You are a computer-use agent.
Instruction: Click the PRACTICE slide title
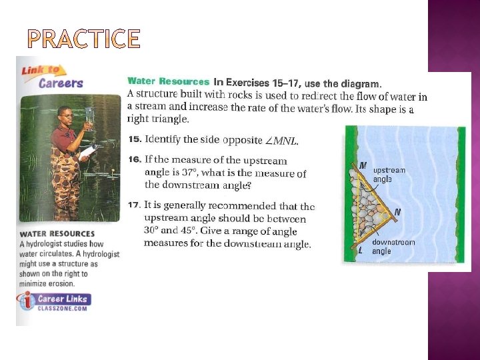click(84, 39)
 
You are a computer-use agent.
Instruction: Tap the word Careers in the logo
click(61, 83)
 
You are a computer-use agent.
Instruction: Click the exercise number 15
click(135, 139)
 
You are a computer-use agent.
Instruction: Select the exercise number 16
click(135, 159)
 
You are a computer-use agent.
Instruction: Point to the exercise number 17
click(135, 205)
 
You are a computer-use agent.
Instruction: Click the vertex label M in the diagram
click(363, 165)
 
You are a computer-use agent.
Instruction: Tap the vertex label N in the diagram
click(397, 211)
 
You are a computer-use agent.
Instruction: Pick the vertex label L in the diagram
click(361, 251)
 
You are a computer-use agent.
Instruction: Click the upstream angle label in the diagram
click(389, 175)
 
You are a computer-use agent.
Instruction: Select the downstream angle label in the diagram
click(393, 247)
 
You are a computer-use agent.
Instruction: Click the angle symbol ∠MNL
click(281, 141)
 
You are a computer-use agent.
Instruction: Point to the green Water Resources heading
click(169, 81)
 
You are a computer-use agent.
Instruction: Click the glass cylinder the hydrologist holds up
click(89, 119)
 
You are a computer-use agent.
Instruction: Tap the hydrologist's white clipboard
click(88, 152)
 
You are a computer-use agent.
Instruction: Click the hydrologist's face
click(67, 116)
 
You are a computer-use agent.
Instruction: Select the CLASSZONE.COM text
click(63, 308)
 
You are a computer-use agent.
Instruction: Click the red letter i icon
click(28, 300)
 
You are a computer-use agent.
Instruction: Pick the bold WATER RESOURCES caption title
click(57, 234)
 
